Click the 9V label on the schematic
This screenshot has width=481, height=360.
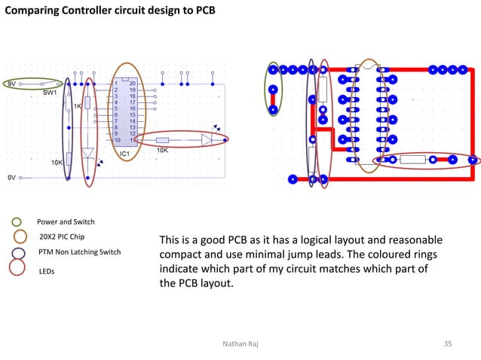[x=11, y=84]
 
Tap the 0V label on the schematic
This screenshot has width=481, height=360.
[x=11, y=178]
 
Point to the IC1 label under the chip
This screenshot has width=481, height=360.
[x=125, y=154]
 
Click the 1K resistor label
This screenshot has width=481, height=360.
[x=77, y=106]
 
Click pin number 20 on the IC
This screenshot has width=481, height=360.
[x=132, y=84]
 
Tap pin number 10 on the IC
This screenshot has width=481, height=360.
[x=117, y=140]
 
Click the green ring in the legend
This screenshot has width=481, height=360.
[x=16, y=222]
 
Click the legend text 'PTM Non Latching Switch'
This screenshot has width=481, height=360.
[x=79, y=252]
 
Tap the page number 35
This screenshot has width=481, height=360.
[x=448, y=344]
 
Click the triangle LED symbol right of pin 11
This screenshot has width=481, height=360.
[x=207, y=139]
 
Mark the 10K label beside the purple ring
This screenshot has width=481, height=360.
[x=57, y=162]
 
